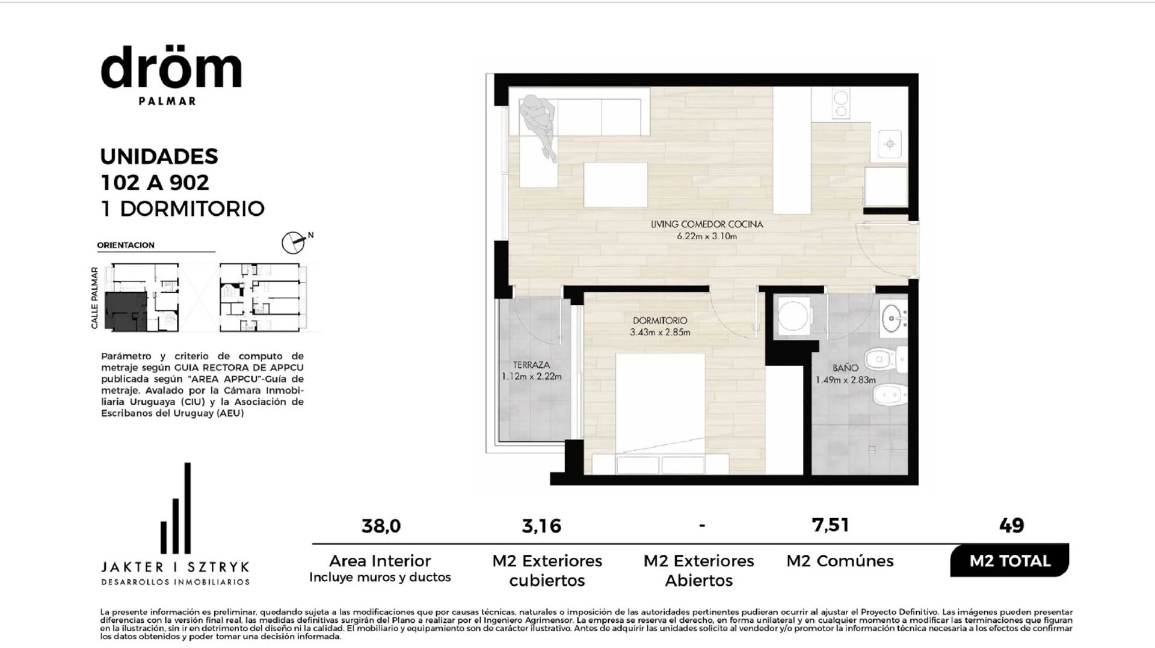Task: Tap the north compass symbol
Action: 294,242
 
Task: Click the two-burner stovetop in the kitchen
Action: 840,103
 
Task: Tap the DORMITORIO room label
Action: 660,320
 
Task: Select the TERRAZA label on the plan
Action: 531,365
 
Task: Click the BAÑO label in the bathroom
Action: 845,368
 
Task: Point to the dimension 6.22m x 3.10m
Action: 707,236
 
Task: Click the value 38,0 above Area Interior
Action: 381,526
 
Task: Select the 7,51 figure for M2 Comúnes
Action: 830,525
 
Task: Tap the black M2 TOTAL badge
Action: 1009,561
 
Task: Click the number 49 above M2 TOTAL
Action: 1011,525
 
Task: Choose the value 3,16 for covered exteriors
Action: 541,526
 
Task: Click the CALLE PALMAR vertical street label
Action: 94,298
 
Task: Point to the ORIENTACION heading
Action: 126,245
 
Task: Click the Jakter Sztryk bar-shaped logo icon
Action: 176,509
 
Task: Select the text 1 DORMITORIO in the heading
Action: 183,209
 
